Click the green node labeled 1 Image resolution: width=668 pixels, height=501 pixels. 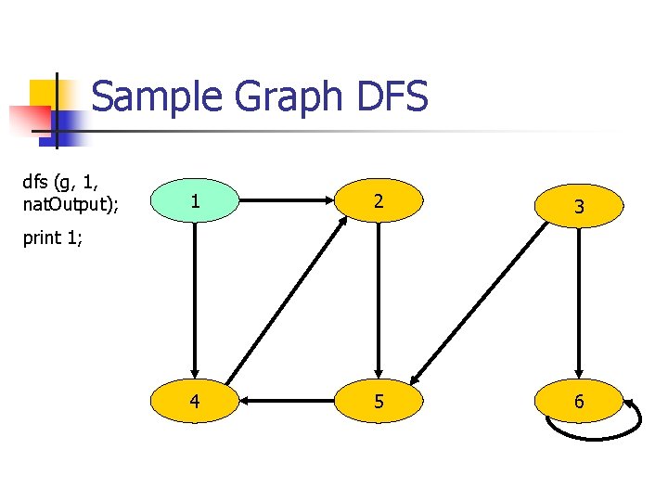point(194,201)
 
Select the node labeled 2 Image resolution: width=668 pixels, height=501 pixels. point(378,201)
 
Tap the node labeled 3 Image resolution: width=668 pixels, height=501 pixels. point(579,206)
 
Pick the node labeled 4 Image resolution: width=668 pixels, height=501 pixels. point(194,402)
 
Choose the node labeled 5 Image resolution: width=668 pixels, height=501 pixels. point(378,402)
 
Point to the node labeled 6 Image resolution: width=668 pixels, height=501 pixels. point(579,402)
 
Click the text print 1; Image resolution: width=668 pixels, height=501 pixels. point(53,238)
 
